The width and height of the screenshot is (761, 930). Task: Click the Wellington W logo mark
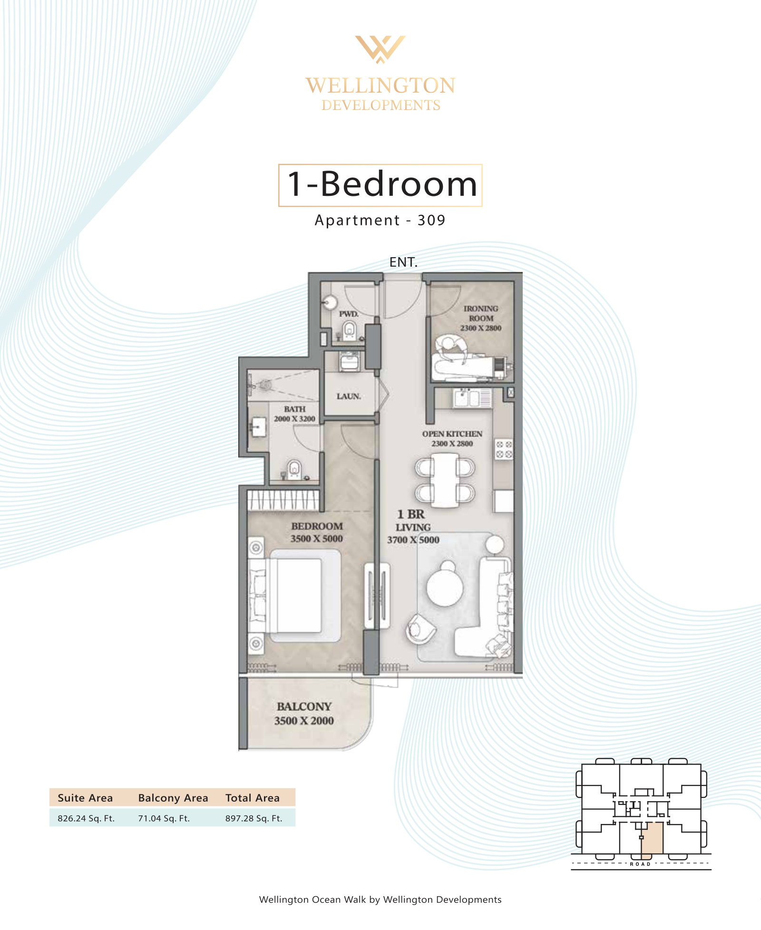tap(380, 49)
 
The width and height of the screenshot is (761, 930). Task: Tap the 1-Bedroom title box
tap(380, 185)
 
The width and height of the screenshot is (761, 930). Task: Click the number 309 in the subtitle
tap(431, 220)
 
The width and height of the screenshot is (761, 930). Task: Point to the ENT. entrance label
tap(403, 262)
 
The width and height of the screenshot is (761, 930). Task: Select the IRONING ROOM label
tap(481, 313)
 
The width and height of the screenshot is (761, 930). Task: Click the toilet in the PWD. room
tap(350, 330)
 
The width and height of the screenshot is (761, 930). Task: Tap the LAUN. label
tap(349, 396)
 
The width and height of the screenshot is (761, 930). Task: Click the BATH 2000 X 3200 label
tap(294, 414)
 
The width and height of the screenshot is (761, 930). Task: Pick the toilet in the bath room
tap(294, 469)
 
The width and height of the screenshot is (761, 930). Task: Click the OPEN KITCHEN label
tap(452, 434)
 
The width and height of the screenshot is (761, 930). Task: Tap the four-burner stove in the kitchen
tap(504, 449)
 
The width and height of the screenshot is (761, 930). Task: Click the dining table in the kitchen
tap(445, 480)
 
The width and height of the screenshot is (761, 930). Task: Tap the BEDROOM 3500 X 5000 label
tap(317, 532)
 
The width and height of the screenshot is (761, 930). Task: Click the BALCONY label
tap(304, 707)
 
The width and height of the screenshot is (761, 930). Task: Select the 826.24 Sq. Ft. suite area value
tap(86, 818)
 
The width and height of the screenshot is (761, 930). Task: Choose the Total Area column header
tap(253, 798)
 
